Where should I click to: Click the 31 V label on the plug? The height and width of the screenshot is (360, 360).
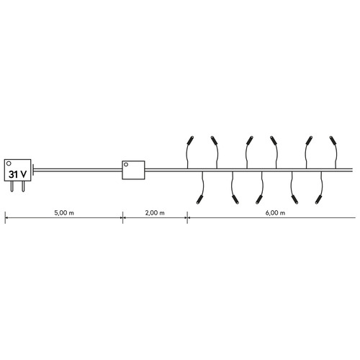coord(17,174)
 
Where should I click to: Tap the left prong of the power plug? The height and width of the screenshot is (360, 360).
coord(12,186)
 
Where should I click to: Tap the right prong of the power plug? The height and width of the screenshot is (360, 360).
coord(23,186)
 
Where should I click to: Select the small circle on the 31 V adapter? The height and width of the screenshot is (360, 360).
coord(9,163)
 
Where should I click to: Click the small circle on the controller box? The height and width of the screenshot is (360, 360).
coord(126,165)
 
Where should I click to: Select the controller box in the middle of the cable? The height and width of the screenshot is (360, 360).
coord(133,170)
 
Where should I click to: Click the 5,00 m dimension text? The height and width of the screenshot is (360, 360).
coord(64,213)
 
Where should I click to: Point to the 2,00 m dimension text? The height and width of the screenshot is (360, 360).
coord(155,213)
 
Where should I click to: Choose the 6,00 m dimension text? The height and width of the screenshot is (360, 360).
coord(275,213)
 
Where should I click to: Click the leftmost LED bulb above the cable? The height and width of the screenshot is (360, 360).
coord(191,140)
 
